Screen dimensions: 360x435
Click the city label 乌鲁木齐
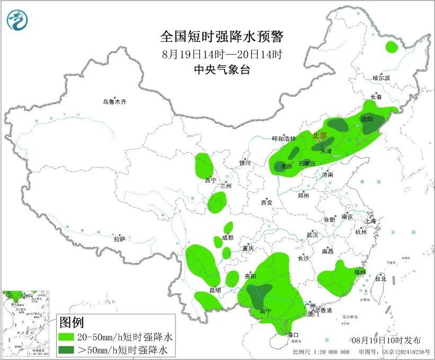115,102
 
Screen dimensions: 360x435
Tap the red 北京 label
319,135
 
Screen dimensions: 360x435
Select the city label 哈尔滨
381,78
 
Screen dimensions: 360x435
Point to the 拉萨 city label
119,239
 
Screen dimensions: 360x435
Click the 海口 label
293,335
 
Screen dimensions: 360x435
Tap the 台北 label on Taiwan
380,278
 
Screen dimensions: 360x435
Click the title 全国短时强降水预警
223,37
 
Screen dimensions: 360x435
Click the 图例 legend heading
71,322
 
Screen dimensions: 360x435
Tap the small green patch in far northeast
392,47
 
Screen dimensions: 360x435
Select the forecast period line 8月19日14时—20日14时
222,54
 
